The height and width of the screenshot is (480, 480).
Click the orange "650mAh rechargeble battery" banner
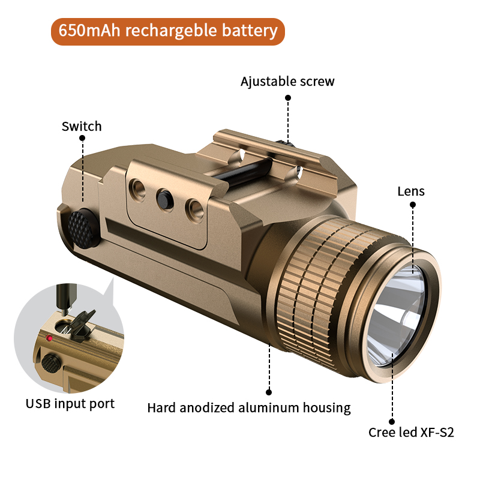(x=168, y=32)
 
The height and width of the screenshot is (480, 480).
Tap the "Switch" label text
(x=82, y=127)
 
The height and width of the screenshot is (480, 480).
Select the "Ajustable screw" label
(x=287, y=82)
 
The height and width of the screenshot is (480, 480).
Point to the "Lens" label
(x=411, y=191)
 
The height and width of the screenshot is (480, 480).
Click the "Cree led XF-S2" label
(x=411, y=432)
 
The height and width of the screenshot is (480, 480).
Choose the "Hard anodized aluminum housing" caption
(x=249, y=408)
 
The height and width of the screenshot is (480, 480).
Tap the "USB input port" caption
(x=70, y=404)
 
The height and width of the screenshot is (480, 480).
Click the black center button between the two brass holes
(x=164, y=200)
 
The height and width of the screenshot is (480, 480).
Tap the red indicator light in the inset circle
(x=49, y=338)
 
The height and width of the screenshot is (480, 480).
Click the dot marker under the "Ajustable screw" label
(x=288, y=98)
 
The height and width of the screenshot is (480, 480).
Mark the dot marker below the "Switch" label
(x=82, y=138)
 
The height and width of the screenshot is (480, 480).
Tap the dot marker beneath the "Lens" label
(x=413, y=205)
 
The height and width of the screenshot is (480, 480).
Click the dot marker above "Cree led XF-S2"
(x=392, y=422)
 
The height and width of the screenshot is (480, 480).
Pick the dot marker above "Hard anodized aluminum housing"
(x=269, y=392)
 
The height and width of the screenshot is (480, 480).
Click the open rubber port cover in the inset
(x=82, y=325)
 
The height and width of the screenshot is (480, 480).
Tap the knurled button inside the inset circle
(x=51, y=364)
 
